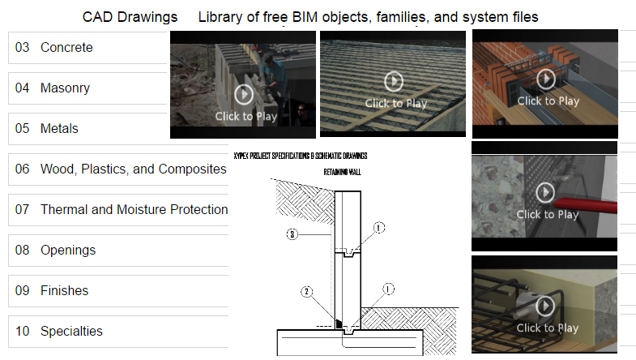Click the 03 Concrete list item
pyautogui.click(x=66, y=48)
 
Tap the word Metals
pyautogui.click(x=59, y=129)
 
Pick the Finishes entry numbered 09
pyautogui.click(x=64, y=291)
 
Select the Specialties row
pyautogui.click(x=71, y=332)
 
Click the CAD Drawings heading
pyautogui.click(x=130, y=17)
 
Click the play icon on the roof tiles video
pyautogui.click(x=394, y=81)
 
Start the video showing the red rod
pyautogui.click(x=546, y=192)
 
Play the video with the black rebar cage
pyautogui.click(x=546, y=306)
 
